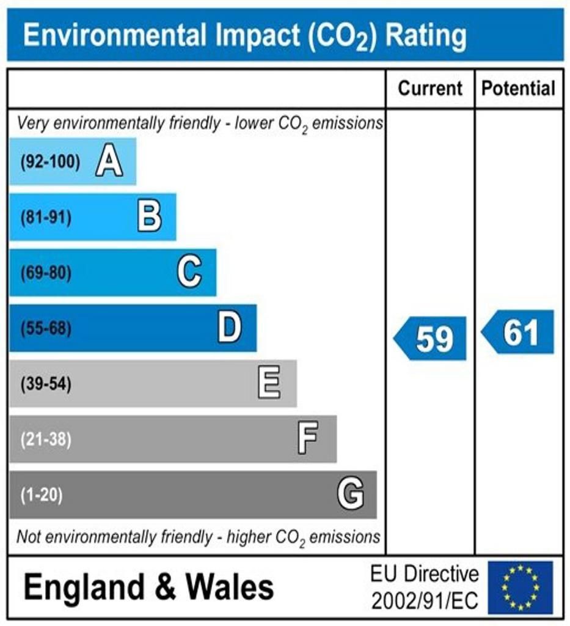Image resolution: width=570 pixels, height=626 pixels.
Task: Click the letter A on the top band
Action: click(109, 162)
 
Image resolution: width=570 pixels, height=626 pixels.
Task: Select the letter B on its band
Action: click(150, 217)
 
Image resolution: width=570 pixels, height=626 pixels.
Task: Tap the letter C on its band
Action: click(189, 272)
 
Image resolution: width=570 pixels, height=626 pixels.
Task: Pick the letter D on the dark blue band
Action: click(230, 328)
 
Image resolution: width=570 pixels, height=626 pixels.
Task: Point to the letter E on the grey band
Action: click(269, 384)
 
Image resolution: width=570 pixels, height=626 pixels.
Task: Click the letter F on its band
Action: click(308, 439)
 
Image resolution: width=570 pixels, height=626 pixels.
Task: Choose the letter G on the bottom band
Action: click(351, 494)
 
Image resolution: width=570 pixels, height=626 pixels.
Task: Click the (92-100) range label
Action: click(50, 163)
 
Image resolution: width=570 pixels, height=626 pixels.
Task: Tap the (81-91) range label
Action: click(46, 218)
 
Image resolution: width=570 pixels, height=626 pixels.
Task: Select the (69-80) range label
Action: click(46, 273)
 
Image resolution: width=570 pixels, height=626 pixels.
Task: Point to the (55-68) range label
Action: click(46, 329)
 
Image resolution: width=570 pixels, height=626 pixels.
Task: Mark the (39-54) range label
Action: click(46, 385)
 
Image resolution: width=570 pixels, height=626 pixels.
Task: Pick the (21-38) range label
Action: click(46, 440)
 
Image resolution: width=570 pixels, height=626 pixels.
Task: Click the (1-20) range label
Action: click(42, 495)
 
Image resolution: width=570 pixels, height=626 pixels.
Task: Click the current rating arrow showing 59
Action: click(431, 339)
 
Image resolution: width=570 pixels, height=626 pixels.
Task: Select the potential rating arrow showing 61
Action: click(519, 333)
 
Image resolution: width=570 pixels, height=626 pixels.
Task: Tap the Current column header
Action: click(430, 89)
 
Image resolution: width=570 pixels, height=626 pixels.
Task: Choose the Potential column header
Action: click(519, 89)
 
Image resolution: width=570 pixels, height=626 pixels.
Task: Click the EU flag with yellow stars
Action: click(519, 587)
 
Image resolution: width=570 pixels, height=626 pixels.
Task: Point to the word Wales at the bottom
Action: click(230, 587)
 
